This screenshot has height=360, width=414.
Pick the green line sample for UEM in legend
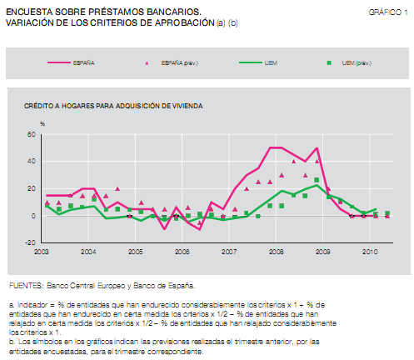[x=253, y=62]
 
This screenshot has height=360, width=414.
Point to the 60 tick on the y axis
[x=32, y=134]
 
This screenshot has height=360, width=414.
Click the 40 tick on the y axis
[x=32, y=162]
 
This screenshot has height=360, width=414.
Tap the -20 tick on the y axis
[x=31, y=243]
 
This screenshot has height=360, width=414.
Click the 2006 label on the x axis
[x=182, y=251]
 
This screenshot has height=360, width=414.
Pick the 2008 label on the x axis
[x=276, y=251]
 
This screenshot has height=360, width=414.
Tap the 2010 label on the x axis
[x=369, y=251]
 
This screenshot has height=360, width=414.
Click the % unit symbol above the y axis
[x=42, y=123]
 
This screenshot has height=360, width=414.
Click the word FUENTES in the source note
[x=25, y=285]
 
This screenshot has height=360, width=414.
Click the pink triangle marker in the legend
[x=147, y=62]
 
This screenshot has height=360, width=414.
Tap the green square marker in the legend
[x=329, y=62]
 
